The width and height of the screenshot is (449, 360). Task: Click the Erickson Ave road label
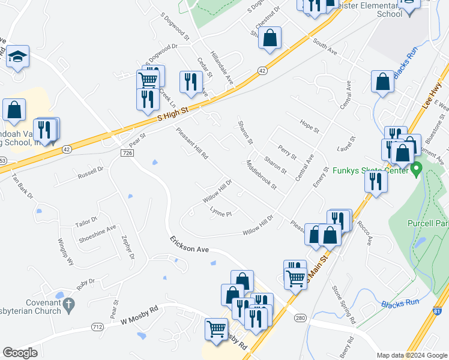tap(188, 245)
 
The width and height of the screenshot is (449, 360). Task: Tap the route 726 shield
tap(127, 154)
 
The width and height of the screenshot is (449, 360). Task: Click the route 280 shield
tap(300, 318)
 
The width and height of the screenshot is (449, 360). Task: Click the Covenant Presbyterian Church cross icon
tap(69, 304)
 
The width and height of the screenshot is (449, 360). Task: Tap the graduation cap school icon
tap(18, 57)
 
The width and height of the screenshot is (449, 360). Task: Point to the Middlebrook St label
tap(262, 175)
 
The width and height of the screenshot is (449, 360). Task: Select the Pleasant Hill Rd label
tap(191, 143)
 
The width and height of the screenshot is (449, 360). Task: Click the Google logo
tap(20, 352)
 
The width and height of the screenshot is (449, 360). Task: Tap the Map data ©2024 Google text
tap(411, 355)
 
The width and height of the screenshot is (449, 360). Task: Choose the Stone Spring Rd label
tap(343, 302)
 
